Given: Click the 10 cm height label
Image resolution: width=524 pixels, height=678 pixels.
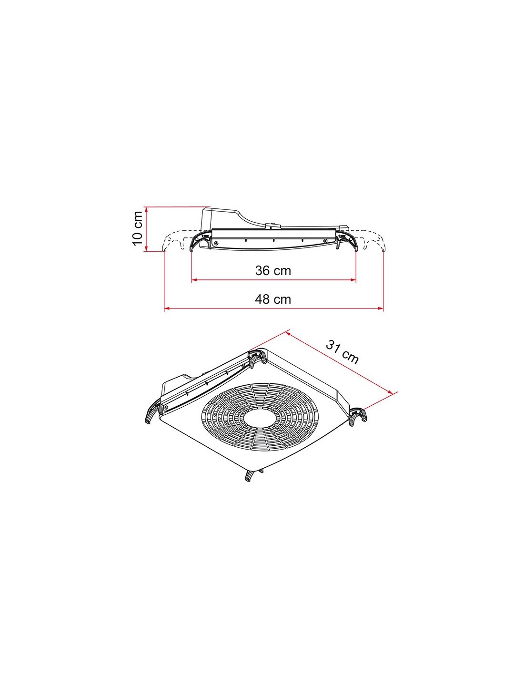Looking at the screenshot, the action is pos(138,228).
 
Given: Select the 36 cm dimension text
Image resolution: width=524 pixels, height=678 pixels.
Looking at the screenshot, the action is pos(273,270).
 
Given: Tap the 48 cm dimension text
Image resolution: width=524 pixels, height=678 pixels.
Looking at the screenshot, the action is pos(273,299).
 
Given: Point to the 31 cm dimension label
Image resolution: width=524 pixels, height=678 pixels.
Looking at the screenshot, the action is pos(343,352).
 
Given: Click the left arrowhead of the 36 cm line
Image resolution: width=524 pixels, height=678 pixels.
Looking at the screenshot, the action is pos(194,280).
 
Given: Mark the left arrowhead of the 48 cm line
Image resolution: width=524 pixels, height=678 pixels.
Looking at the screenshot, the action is pos(167,308).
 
